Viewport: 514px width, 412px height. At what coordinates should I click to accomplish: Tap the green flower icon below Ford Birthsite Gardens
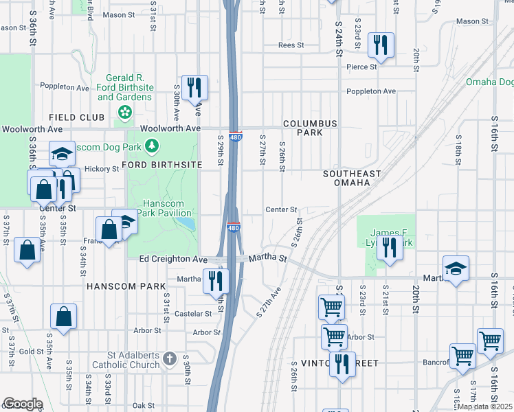click(125, 111)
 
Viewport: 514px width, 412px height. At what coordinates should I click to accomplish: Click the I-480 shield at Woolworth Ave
click(235, 137)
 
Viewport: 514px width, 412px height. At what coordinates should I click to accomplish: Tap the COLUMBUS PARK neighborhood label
click(310, 128)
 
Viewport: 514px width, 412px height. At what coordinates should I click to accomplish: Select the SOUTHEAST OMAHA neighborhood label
click(347, 179)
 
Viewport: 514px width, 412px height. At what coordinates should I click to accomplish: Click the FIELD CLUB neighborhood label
click(76, 117)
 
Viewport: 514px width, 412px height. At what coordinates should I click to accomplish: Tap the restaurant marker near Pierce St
click(380, 45)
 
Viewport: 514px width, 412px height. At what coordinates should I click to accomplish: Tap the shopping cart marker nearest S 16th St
click(490, 341)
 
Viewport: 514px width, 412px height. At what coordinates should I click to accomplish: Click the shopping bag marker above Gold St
click(63, 317)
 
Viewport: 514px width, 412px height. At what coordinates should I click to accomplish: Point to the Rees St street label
click(291, 45)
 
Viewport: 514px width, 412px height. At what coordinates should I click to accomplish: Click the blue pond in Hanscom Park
click(184, 223)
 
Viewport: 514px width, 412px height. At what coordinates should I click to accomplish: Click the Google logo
click(23, 404)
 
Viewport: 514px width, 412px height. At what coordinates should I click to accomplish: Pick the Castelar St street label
click(194, 314)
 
